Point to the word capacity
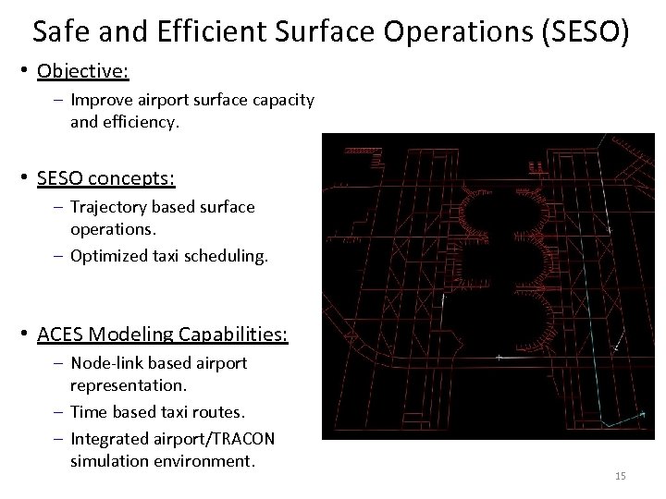[x=281, y=99]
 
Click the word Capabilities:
[x=235, y=332]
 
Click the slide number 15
[x=620, y=476]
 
